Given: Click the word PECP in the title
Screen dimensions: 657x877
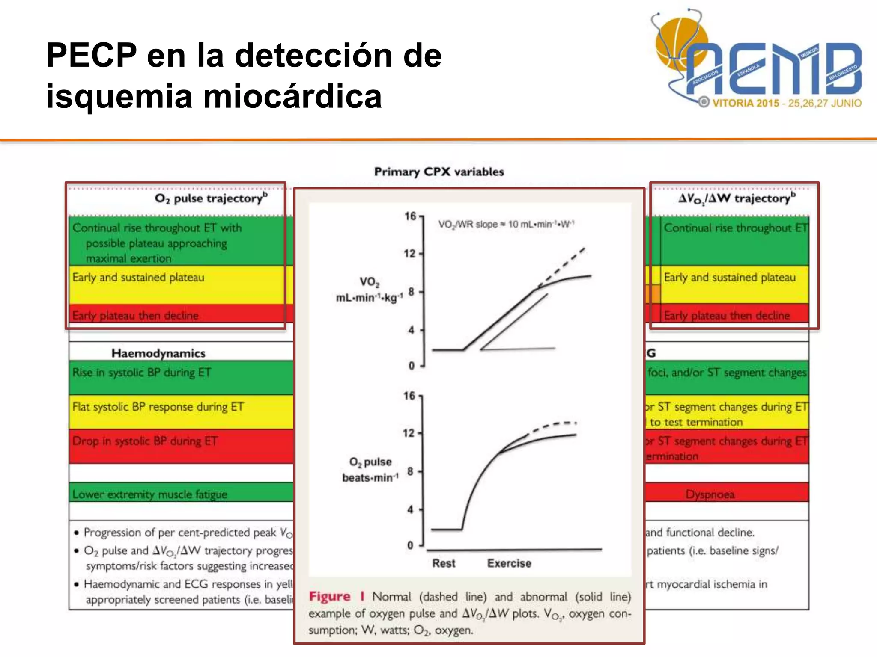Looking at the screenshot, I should pyautogui.click(x=91, y=56).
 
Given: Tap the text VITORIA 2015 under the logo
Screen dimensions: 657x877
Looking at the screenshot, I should pyautogui.click(x=746, y=103).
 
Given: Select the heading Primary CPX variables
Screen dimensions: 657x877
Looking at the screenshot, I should pyautogui.click(x=439, y=172).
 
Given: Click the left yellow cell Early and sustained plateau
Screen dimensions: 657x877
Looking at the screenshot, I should pyautogui.click(x=138, y=278).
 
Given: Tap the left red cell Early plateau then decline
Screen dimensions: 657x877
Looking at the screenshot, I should pyautogui.click(x=135, y=316).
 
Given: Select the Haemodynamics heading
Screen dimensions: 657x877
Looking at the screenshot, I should pyautogui.click(x=158, y=353).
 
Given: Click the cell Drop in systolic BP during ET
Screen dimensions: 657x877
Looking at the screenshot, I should pyautogui.click(x=145, y=441).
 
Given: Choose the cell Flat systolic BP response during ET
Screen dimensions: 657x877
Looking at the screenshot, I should pyautogui.click(x=158, y=407).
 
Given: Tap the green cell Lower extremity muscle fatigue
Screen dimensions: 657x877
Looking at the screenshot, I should pyautogui.click(x=149, y=494).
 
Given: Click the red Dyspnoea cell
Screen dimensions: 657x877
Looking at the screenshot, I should pyautogui.click(x=710, y=494).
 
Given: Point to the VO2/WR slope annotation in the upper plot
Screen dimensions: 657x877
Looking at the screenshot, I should pyautogui.click(x=506, y=225).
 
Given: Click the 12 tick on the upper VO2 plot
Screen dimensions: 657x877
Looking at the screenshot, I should pyautogui.click(x=409, y=254).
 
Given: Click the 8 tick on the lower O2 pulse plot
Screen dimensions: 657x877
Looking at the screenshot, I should pyautogui.click(x=410, y=471).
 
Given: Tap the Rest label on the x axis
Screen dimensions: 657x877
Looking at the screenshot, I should pyautogui.click(x=444, y=563).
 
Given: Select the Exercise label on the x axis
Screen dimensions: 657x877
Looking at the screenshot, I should pyautogui.click(x=509, y=563).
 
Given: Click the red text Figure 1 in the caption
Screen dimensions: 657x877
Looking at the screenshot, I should pyautogui.click(x=337, y=596).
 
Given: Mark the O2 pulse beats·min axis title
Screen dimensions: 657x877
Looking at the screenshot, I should pyautogui.click(x=370, y=470).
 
